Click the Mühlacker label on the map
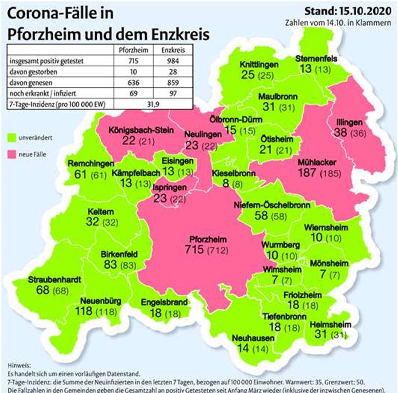point(317,162)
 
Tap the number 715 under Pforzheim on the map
point(195,249)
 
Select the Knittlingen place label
point(259,65)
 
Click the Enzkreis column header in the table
point(173,50)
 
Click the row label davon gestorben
point(34,72)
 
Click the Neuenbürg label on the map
point(101,301)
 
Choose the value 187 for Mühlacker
point(307,172)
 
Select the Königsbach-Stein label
point(141,130)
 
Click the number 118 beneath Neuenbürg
point(84,311)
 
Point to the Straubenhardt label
point(54,280)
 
